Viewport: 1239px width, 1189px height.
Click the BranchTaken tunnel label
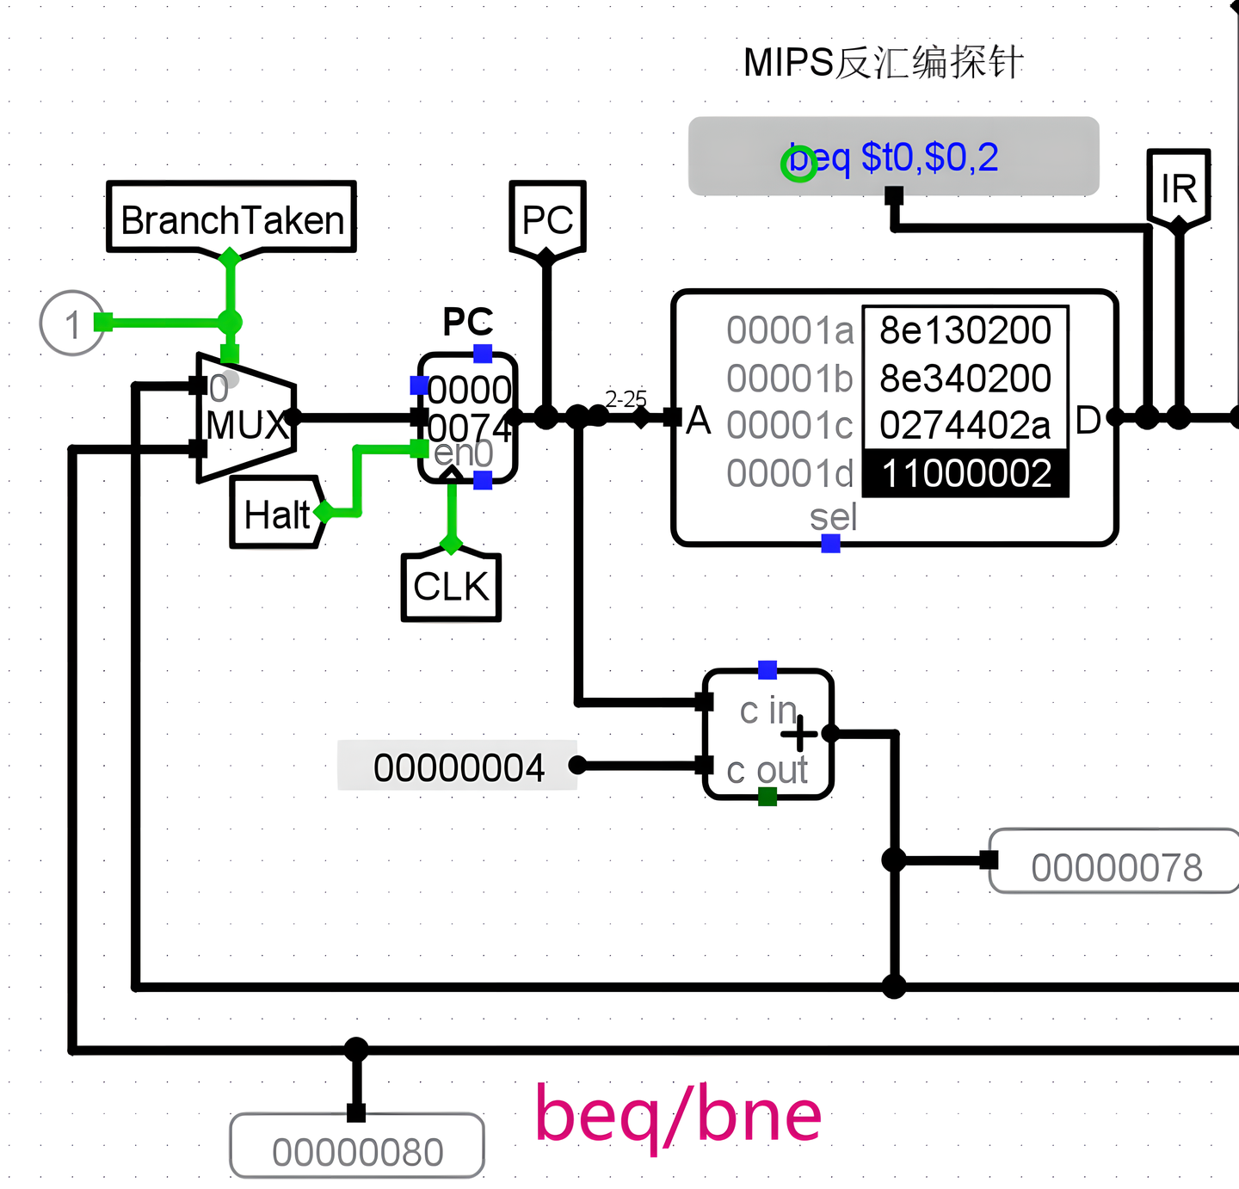231,219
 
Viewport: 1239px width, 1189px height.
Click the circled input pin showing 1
72,323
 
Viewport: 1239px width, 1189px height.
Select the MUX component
246,419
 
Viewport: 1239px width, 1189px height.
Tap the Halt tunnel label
276,514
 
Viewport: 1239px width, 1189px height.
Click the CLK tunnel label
451,587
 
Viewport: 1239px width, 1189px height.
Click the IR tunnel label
1178,188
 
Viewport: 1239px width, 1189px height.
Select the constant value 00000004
458,767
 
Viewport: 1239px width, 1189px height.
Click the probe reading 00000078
1116,866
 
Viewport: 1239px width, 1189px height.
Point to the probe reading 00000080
357,1151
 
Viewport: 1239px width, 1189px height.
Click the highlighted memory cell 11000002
965,473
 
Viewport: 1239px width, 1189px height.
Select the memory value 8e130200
965,330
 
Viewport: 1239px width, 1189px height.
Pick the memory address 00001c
789,425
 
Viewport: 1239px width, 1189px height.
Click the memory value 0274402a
965,425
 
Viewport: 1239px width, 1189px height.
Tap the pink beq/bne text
678,1115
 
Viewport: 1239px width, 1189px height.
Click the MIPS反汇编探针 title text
883,63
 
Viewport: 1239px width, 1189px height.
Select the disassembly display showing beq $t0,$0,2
893,157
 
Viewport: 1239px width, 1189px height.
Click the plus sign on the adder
798,734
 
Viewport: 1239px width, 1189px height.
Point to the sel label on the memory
833,517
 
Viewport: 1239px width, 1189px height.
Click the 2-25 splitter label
626,399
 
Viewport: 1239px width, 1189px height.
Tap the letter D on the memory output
1088,421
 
